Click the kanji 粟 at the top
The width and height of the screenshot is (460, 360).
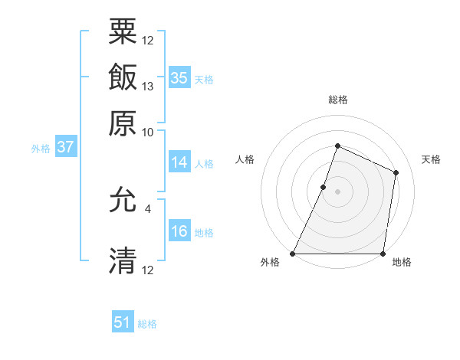coord(123,33)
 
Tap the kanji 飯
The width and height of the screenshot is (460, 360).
coord(123,77)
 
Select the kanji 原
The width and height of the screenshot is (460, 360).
coord(123,123)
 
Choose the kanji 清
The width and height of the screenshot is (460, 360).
coord(123,260)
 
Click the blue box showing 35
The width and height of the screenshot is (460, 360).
coord(179,77)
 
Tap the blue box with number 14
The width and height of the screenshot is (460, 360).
coord(179,162)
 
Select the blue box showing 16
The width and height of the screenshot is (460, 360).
coord(179,231)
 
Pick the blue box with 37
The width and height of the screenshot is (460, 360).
coord(65,147)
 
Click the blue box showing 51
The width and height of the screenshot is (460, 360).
coord(123,322)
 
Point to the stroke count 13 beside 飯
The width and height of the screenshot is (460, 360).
coord(148,87)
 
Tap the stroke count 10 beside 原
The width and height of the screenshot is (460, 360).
coord(148,132)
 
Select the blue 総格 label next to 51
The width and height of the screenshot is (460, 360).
coord(147,324)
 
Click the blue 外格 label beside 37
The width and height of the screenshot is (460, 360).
coord(40,149)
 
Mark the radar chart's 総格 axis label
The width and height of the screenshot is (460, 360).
coord(337,100)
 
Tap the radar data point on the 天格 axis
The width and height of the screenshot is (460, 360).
coord(396,172)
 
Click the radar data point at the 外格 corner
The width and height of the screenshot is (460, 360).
coord(293,254)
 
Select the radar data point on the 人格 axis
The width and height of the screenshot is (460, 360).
coord(324,187)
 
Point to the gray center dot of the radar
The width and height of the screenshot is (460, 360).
coord(337,191)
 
